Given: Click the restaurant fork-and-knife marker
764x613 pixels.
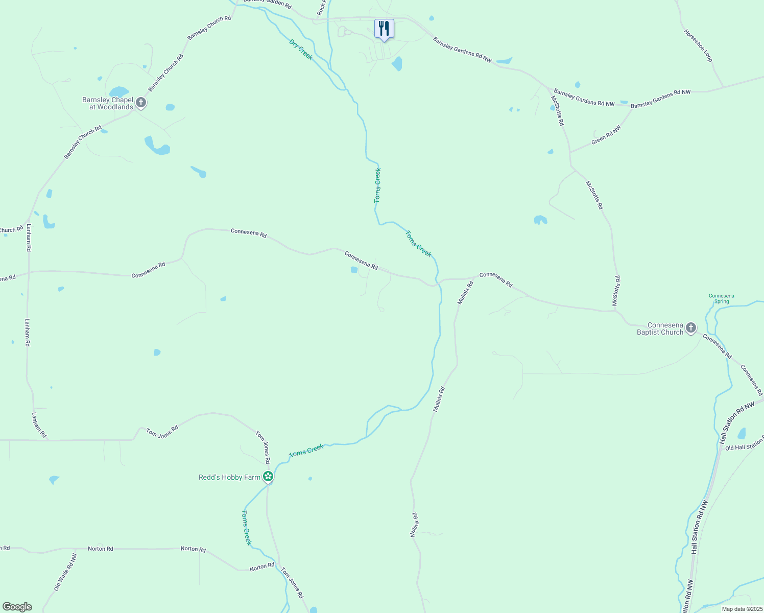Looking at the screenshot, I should coord(384,29).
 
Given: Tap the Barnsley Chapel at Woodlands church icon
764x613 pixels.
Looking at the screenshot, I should coord(141,103).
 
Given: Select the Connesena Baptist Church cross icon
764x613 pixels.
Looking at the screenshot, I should coord(690,328).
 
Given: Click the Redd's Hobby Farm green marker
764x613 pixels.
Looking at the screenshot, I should coord(268,477).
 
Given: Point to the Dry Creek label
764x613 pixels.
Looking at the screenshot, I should coord(301,50).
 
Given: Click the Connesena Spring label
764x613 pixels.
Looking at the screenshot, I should coord(722,298).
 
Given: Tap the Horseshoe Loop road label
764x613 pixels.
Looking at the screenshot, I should coord(698,45).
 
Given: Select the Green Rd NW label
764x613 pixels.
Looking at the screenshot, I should coord(606,135).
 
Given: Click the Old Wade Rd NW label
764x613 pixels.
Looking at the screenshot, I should coord(65,572).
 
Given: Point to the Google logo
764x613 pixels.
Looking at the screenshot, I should coord(17,607).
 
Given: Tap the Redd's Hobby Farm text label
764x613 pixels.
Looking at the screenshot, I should coord(229,477).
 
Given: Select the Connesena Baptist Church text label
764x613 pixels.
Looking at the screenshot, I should coord(660,328).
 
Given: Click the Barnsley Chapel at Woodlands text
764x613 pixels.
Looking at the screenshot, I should coord(108,103).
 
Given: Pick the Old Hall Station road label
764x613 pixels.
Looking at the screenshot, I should coord(744,447).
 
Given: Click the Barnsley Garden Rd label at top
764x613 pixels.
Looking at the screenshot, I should coord(267,3).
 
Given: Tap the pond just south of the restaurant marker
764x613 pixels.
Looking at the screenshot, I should coord(397,64).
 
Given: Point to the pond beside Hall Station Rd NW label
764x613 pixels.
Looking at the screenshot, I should coord(742,433).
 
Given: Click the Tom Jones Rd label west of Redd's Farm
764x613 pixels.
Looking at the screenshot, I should coord(162,432).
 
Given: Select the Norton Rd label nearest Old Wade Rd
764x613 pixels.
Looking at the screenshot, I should coord(101,549).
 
